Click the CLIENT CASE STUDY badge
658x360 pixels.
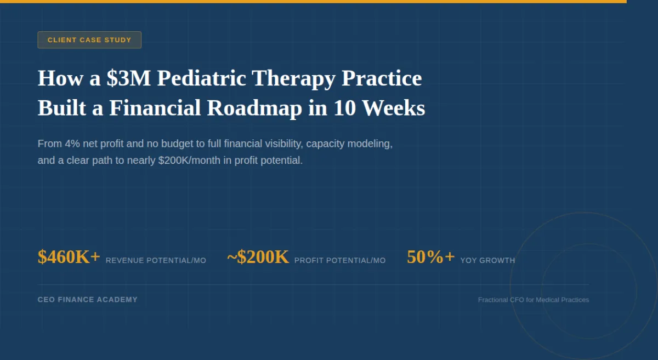tap(89, 40)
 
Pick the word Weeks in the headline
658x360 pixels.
tap(394, 108)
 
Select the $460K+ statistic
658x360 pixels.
tap(69, 256)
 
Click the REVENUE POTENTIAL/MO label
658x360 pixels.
tap(156, 260)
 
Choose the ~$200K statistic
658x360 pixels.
tap(258, 256)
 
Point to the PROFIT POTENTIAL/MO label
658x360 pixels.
tap(340, 260)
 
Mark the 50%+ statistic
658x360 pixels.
tap(430, 256)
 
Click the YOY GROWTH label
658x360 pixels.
tap(487, 260)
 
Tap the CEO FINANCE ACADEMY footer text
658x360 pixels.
tap(88, 300)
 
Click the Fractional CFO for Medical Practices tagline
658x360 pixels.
tap(533, 300)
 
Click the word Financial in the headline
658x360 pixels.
tap(155, 108)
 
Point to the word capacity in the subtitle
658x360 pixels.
tap(324, 144)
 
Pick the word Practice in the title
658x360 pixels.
tap(382, 78)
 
